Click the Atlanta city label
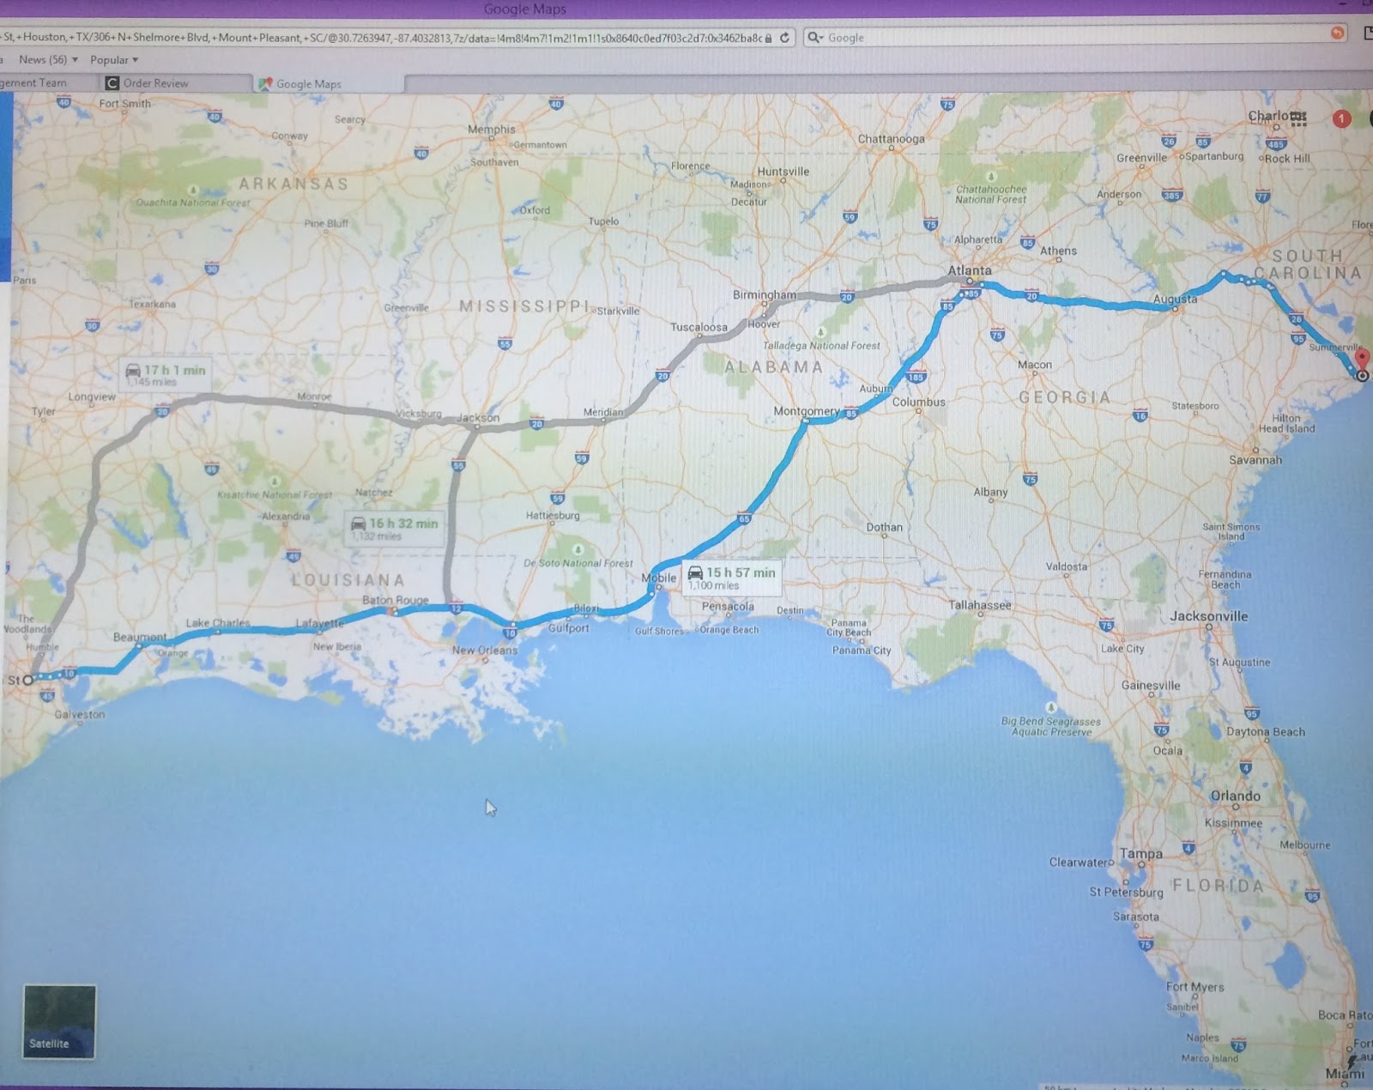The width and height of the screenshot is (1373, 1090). (969, 270)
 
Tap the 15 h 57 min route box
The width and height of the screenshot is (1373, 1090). (732, 578)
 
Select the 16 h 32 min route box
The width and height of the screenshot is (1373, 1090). (395, 528)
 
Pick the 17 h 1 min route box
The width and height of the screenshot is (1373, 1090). (166, 374)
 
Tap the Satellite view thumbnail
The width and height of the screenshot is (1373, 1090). (59, 1021)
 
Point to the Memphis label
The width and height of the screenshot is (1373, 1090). (492, 130)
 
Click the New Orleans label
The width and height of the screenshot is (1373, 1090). (485, 650)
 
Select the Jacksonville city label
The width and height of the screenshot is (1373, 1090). (1208, 616)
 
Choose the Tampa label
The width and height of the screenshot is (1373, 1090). (1140, 854)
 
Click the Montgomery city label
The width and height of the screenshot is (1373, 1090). (806, 411)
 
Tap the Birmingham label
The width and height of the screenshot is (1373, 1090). (764, 294)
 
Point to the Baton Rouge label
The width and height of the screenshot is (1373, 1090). (395, 600)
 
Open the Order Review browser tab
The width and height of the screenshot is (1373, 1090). (154, 83)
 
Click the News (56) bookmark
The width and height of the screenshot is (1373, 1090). (47, 60)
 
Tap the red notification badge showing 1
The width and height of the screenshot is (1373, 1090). (1341, 119)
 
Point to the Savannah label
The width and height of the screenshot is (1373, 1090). (1255, 460)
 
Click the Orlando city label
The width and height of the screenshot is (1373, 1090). (1235, 796)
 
